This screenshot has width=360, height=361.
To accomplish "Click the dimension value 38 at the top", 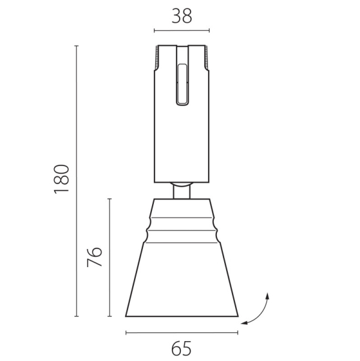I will point(182,16).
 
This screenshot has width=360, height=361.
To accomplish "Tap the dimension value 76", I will point(95,257).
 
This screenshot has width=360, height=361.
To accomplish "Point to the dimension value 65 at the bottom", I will point(182,348).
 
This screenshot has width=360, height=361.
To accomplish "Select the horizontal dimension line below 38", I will point(182,30).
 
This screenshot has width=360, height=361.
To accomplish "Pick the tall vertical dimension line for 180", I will point(77,180).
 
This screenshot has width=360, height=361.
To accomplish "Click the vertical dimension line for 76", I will point(109,257).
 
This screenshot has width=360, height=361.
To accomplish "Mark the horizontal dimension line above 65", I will point(182,332).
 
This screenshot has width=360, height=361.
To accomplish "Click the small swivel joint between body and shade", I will point(182,190).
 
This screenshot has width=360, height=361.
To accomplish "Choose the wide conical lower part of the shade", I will point(182,280).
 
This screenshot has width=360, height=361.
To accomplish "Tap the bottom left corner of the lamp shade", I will point(126,315).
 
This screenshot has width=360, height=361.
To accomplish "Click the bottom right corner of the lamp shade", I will point(237,315).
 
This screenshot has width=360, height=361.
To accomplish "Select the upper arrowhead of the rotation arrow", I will point(267,295).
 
